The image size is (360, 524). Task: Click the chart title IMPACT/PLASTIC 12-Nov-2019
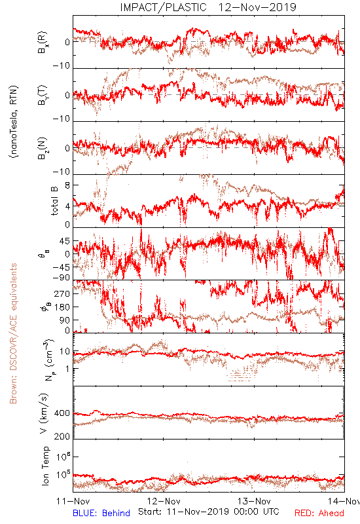click(x=208, y=7)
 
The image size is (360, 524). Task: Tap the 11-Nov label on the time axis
click(x=73, y=501)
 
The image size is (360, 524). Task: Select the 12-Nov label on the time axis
click(x=164, y=501)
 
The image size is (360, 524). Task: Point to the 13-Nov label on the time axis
click(x=254, y=501)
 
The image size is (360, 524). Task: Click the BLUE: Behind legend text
click(x=101, y=513)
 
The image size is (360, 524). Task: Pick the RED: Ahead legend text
click(x=319, y=513)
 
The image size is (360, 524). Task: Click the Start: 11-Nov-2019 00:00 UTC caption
click(x=209, y=512)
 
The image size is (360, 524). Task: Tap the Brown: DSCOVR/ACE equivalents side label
click(x=13, y=333)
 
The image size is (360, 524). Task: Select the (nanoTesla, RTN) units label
click(x=14, y=122)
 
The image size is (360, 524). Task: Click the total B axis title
click(x=54, y=201)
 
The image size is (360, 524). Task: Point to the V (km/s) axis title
click(x=44, y=413)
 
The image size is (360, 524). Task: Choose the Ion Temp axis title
click(x=45, y=466)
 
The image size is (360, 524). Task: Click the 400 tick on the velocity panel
click(x=62, y=413)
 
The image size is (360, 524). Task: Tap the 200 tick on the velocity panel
click(x=62, y=436)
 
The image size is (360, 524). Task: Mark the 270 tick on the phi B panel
click(x=62, y=293)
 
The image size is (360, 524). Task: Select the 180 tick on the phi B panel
click(x=62, y=307)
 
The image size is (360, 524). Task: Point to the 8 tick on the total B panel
click(x=67, y=185)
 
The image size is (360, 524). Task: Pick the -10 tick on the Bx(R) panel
click(x=62, y=65)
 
